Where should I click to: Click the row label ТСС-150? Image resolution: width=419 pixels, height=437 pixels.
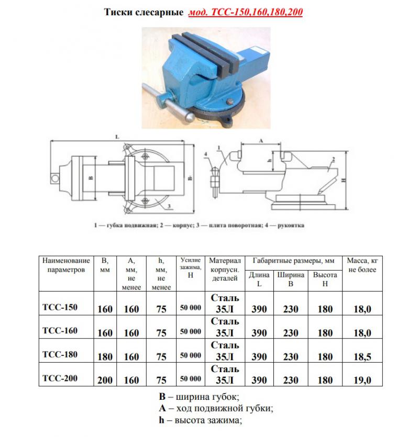59,307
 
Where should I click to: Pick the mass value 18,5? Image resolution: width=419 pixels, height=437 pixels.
362,357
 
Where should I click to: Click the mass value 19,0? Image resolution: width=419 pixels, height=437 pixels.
362,380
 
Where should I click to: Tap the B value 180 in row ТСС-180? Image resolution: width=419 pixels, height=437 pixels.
105,357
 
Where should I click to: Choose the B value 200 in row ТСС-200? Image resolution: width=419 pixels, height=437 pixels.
105,380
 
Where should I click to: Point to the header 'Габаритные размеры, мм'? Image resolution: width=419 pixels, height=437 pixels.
293,261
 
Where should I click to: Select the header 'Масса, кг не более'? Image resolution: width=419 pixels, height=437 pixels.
362,264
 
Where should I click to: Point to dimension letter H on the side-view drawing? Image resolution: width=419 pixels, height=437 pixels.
349,179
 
